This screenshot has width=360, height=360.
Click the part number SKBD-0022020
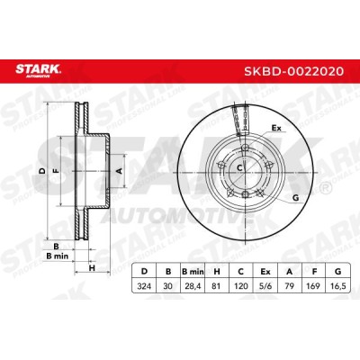click(293, 71)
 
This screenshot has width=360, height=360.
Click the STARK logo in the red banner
click(38, 71)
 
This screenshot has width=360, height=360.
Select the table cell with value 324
click(144, 286)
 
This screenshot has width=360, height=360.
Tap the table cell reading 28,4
click(193, 286)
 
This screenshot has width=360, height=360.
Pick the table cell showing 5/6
click(265, 286)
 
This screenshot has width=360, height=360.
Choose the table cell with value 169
click(313, 286)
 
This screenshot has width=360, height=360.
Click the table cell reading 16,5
click(337, 286)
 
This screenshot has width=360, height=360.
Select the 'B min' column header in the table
click(193, 272)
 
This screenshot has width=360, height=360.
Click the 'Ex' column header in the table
click(265, 272)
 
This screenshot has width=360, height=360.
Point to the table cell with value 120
click(241, 286)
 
